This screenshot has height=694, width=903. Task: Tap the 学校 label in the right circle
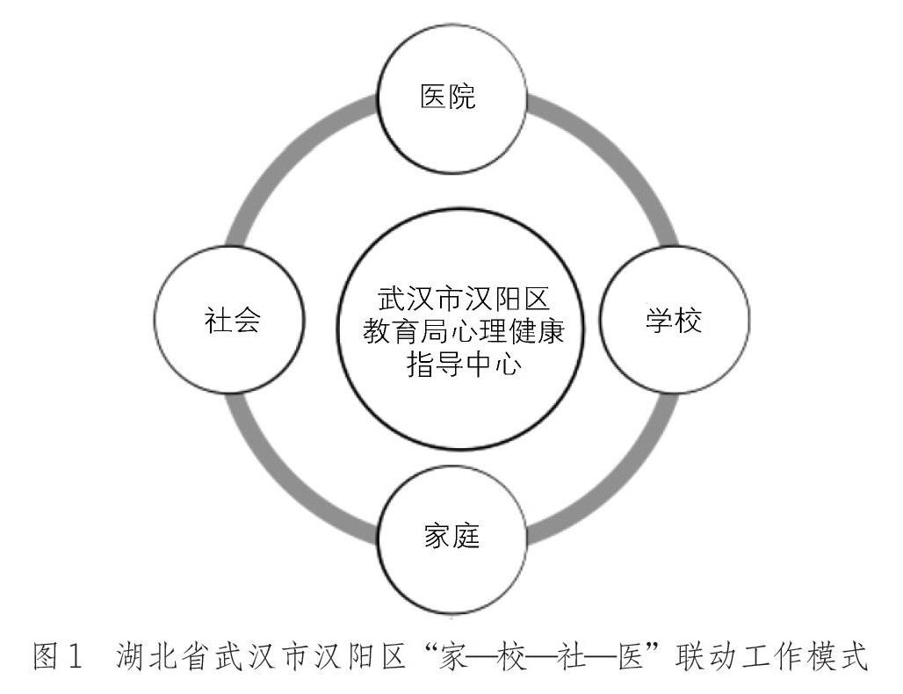coord(675,321)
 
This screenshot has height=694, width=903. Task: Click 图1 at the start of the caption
coord(60,656)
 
